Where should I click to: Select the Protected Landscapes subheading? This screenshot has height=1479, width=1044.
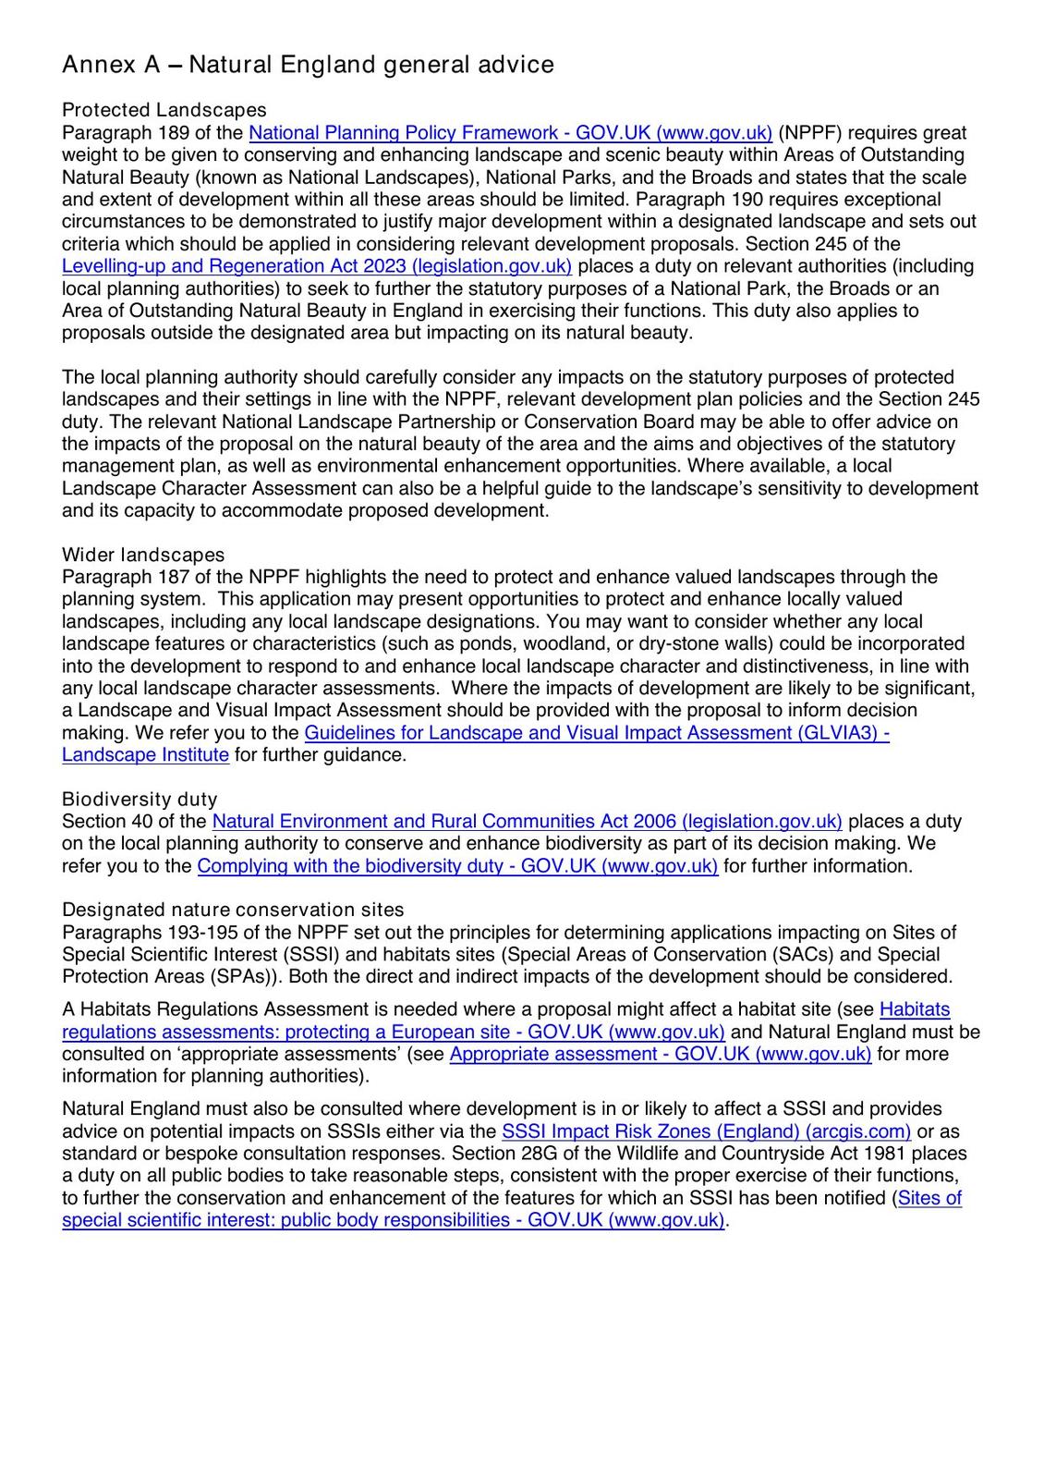pos(164,111)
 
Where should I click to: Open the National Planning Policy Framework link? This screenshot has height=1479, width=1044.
pos(510,133)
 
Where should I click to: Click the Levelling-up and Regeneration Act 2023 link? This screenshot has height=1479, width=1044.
pos(317,266)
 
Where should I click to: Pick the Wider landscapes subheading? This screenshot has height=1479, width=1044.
pos(143,555)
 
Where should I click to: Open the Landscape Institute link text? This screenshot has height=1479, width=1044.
pos(145,755)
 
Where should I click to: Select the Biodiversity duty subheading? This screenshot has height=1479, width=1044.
pos(140,800)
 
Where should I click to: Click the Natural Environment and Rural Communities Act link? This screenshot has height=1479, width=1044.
pos(527,822)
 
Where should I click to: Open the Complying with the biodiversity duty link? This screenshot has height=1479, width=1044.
pos(457,866)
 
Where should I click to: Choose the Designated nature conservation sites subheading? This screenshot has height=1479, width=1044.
pos(233,911)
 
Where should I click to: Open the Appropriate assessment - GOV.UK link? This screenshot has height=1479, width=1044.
pos(660,1055)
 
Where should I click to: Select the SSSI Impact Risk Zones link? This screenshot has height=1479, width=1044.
pos(706,1131)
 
